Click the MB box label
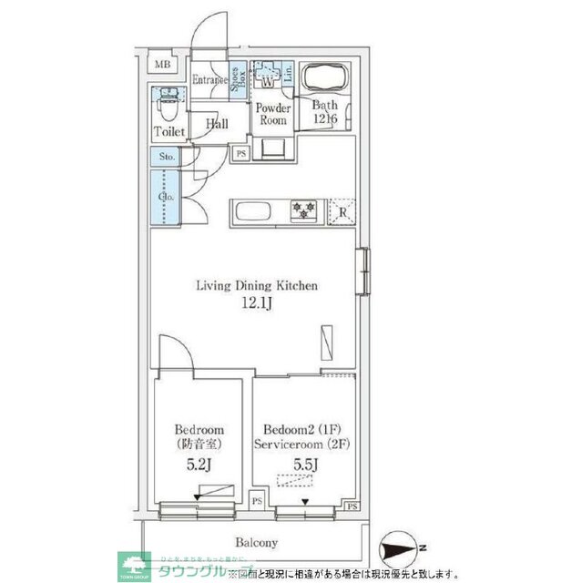point(162,64)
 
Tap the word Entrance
point(209,81)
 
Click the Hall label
point(217,124)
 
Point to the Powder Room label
point(273,114)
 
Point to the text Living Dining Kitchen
point(257,285)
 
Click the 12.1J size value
point(258,304)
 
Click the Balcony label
point(257,543)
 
